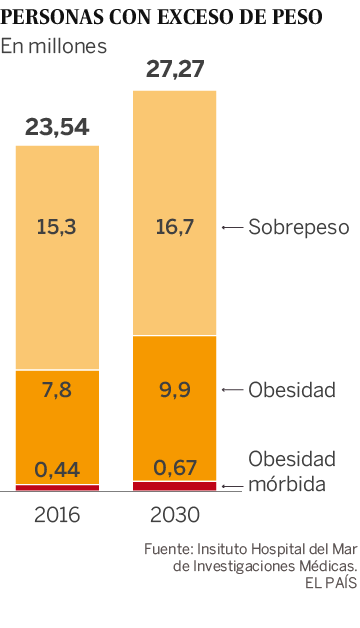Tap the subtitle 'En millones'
coord(53,47)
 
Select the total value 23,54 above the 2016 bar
coord(57,127)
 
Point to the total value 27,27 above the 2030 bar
coord(174,69)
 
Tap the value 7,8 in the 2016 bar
coord(57,389)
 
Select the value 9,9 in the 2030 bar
coord(174,389)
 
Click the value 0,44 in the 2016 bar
coord(57,468)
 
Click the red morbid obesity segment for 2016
coord(57,487)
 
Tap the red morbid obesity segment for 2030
coord(174,485)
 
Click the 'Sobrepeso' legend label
coord(299,227)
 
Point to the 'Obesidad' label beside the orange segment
coord(292,389)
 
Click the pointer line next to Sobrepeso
coord(232,228)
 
